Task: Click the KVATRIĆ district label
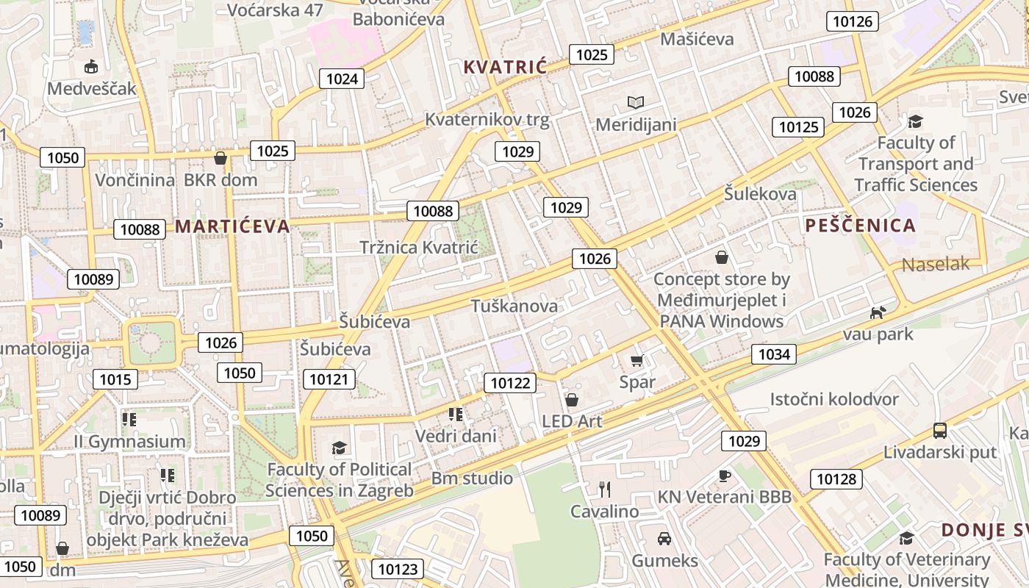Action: coord(505,68)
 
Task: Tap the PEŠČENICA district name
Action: coord(860,226)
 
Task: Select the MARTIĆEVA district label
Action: coord(232,226)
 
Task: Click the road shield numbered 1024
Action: coord(342,79)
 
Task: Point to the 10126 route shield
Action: coord(853,21)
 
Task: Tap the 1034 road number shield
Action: coord(774,355)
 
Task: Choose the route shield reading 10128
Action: coord(836,479)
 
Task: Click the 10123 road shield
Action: coord(398,568)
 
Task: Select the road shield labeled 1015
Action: coord(115,379)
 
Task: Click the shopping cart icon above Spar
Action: coord(637,360)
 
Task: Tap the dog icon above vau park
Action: coord(878,313)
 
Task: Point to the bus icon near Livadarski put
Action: coord(939,430)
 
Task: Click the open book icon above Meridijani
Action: coord(635,103)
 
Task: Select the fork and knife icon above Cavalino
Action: coord(605,489)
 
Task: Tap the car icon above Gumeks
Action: coord(664,539)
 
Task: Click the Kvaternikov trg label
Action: coord(487,121)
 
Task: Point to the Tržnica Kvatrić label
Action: coord(418,248)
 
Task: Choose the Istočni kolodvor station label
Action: coord(834,400)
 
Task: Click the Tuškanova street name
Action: coord(514,306)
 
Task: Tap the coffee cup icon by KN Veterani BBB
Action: coord(724,476)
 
